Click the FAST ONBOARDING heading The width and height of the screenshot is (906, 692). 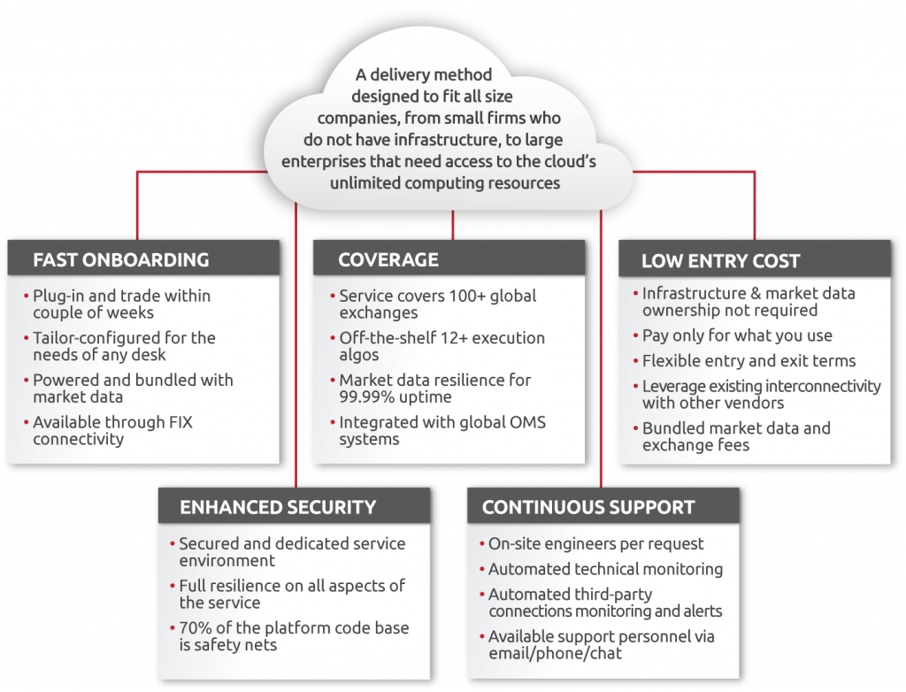120,260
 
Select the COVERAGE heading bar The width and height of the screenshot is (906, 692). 449,259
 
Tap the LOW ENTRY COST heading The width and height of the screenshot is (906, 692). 720,261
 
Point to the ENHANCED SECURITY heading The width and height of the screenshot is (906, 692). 278,507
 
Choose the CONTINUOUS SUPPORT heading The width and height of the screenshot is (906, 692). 588,507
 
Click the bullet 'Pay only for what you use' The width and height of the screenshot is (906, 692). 737,335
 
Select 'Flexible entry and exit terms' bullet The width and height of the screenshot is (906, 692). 749,360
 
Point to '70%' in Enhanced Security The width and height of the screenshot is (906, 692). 196,628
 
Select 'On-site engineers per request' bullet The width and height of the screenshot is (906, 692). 596,543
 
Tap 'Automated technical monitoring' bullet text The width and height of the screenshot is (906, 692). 605,569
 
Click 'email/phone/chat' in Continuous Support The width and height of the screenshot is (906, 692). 555,653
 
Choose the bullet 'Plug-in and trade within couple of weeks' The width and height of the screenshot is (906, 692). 121,304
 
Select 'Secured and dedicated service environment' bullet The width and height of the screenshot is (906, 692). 292,551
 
